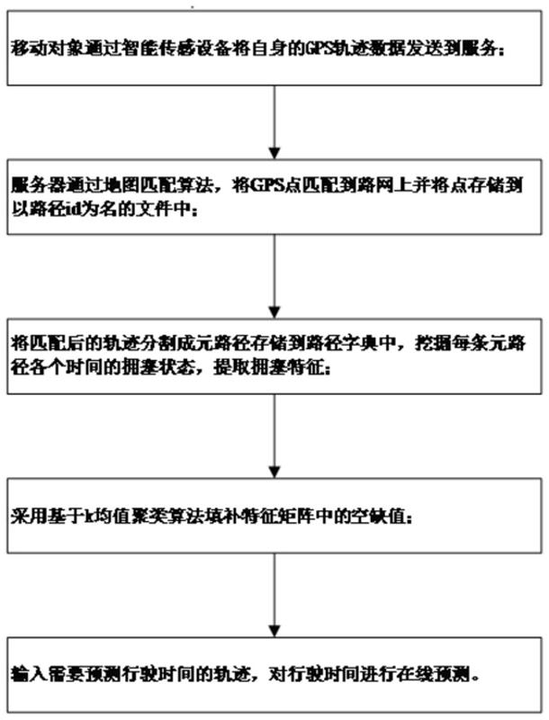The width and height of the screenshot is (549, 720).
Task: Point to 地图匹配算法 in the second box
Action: coord(162,185)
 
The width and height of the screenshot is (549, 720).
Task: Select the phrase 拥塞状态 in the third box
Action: coord(176,369)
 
